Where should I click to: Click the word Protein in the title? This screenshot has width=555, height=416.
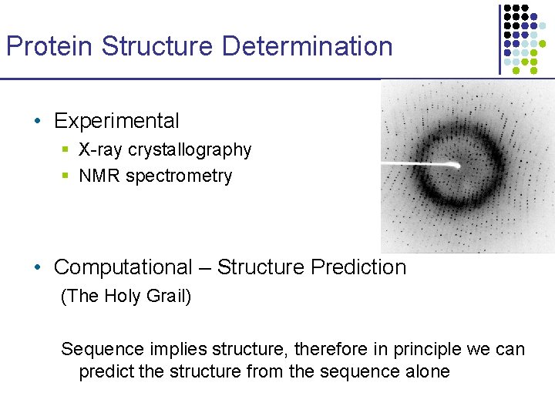(x=50, y=46)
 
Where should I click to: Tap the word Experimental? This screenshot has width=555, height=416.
(x=116, y=121)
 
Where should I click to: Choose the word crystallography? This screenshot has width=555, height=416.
(x=190, y=150)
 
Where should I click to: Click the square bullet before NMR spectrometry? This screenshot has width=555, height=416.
(x=67, y=176)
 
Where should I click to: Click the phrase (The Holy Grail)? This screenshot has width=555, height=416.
(x=126, y=296)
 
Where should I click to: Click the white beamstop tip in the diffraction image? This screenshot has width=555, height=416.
(x=456, y=164)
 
